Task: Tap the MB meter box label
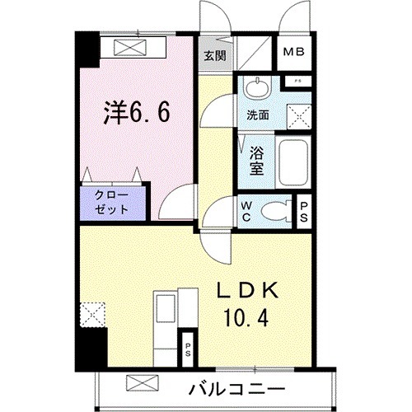293,55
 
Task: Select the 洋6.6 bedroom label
137,111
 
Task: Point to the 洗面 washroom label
258,115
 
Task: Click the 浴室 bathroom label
257,158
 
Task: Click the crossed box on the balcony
138,385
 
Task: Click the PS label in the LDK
189,348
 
